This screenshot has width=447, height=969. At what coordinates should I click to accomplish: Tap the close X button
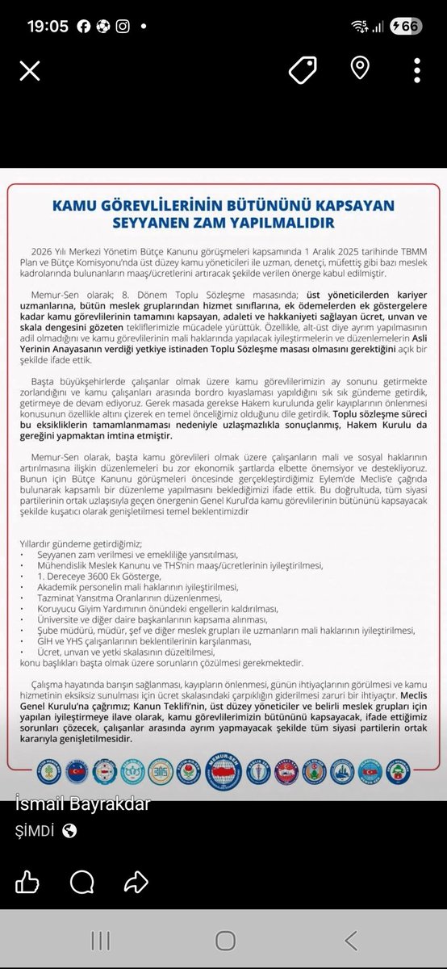click(30, 71)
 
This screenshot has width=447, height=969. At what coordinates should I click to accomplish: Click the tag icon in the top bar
click(303, 71)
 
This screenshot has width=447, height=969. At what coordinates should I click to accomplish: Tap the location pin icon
click(359, 69)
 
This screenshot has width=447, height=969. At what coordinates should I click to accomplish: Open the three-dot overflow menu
click(416, 71)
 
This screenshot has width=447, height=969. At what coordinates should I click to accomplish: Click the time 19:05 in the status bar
click(48, 26)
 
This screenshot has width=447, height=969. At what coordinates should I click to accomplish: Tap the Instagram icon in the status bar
click(123, 26)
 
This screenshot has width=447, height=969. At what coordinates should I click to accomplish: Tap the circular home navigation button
click(225, 940)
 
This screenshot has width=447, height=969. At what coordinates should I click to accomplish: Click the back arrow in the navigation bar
click(350, 940)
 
